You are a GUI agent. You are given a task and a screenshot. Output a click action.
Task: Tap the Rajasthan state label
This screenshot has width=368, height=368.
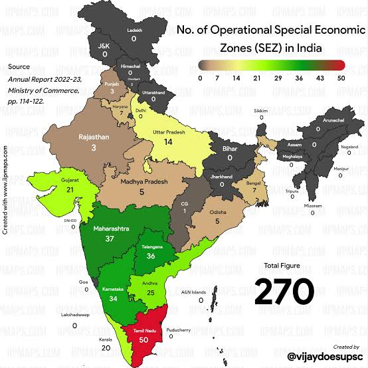click(92, 136)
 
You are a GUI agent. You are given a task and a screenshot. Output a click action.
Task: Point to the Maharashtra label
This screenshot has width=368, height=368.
click(112, 229)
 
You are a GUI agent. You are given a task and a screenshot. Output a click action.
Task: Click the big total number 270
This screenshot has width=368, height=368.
click(285, 291)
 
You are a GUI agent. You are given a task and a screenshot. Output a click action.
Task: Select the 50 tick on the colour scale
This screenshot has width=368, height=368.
click(341, 78)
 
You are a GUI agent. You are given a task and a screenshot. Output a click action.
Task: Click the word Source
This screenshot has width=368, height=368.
click(18, 66)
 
